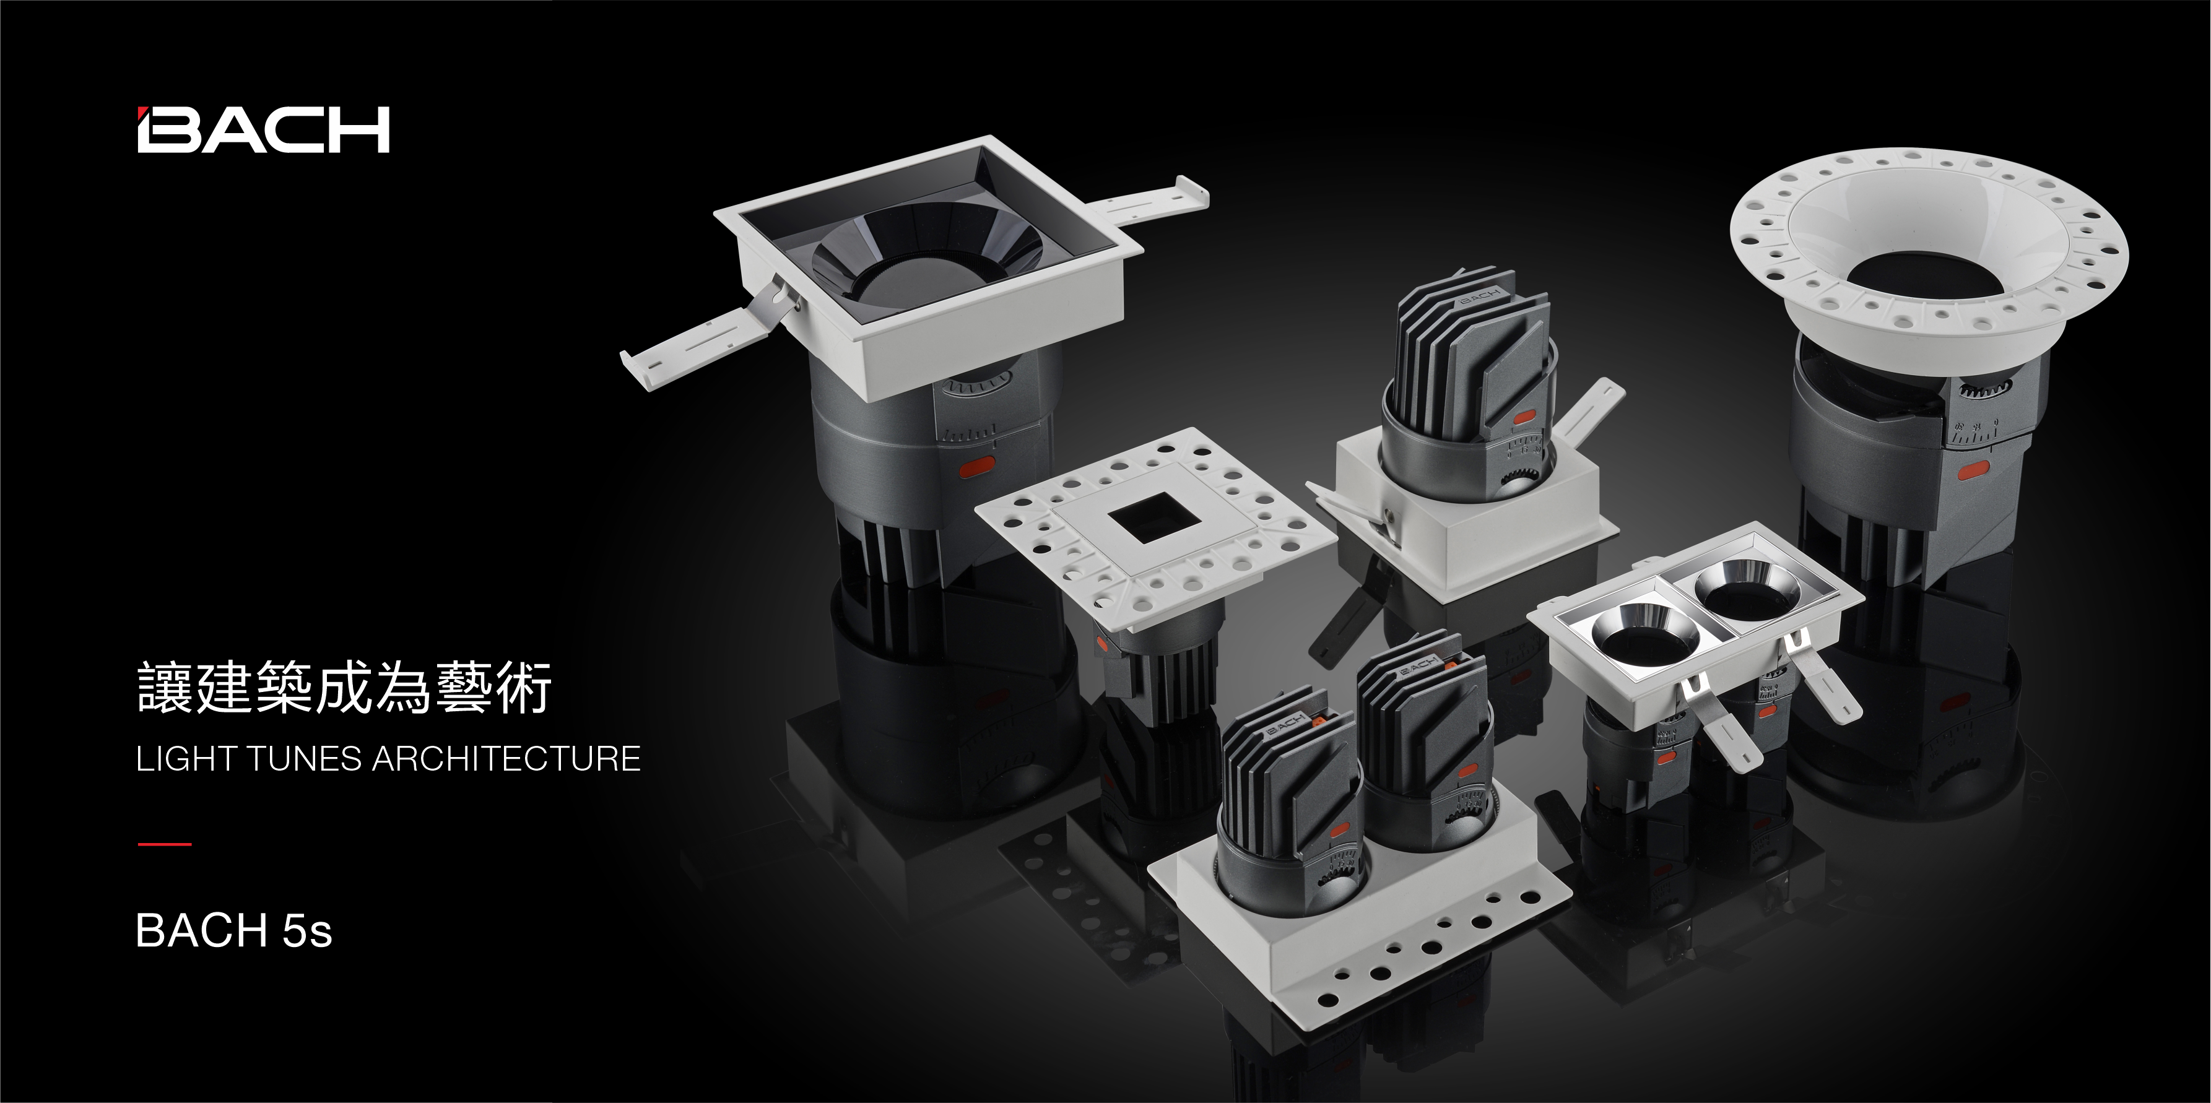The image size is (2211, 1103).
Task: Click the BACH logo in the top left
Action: point(264,129)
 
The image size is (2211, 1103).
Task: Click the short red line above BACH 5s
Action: point(164,844)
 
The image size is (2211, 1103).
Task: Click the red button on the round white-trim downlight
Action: point(1973,470)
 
